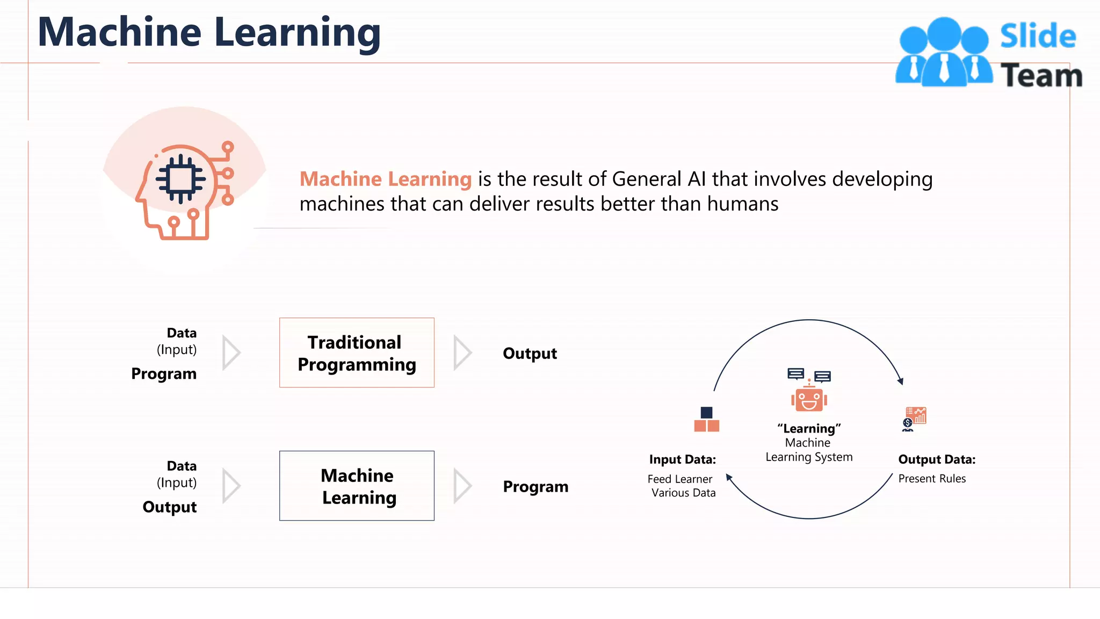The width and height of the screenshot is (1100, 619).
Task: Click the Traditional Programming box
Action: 357,352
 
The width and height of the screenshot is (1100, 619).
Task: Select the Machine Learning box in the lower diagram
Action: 357,486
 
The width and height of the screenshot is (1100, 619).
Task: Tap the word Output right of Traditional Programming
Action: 530,354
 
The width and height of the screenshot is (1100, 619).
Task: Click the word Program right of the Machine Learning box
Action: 535,487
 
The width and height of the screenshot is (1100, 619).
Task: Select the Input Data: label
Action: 682,459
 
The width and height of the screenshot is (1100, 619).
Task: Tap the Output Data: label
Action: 937,459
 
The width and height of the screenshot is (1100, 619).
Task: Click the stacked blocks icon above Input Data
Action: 706,420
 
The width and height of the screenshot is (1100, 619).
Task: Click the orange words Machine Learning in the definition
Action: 385,179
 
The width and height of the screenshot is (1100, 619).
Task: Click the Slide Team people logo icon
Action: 944,52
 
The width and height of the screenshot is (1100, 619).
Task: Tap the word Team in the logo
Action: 1041,75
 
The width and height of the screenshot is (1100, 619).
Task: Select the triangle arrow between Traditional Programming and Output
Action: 461,353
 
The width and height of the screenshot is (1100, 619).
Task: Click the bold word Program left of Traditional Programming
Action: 164,374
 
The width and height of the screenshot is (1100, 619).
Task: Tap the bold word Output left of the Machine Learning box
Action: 169,507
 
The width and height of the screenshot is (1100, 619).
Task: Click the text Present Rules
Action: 932,479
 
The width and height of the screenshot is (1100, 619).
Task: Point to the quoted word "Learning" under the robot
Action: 809,429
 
